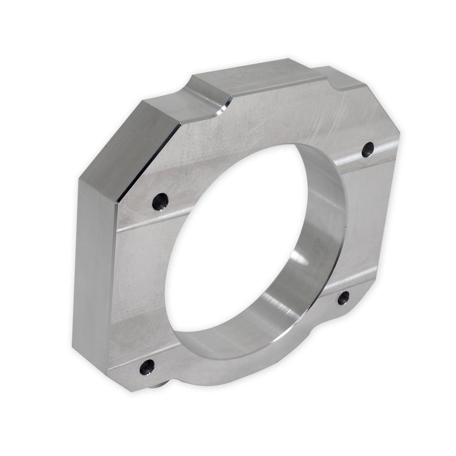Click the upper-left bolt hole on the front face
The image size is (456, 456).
click(x=160, y=201)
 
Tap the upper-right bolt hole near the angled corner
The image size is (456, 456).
click(x=368, y=149)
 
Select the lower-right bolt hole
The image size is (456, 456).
click(x=343, y=298)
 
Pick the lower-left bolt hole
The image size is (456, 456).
click(x=147, y=367)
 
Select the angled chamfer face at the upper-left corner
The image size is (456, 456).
click(x=130, y=144)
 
